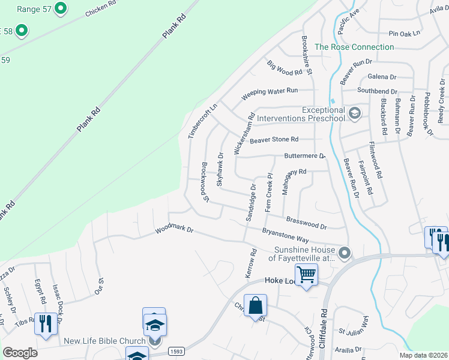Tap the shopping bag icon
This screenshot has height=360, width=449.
coord(255,305)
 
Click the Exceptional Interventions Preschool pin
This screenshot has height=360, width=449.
coord(355,113)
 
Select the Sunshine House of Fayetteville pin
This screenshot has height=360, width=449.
coord(344,254)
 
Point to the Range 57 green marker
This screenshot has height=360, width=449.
coord(60,8)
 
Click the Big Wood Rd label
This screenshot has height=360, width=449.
coord(285,68)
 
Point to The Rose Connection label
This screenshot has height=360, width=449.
coord(354,47)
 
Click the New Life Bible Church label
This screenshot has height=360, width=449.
coord(105,341)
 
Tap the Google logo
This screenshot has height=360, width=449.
coord(20,353)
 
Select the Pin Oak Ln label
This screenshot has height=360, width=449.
coord(405,34)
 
